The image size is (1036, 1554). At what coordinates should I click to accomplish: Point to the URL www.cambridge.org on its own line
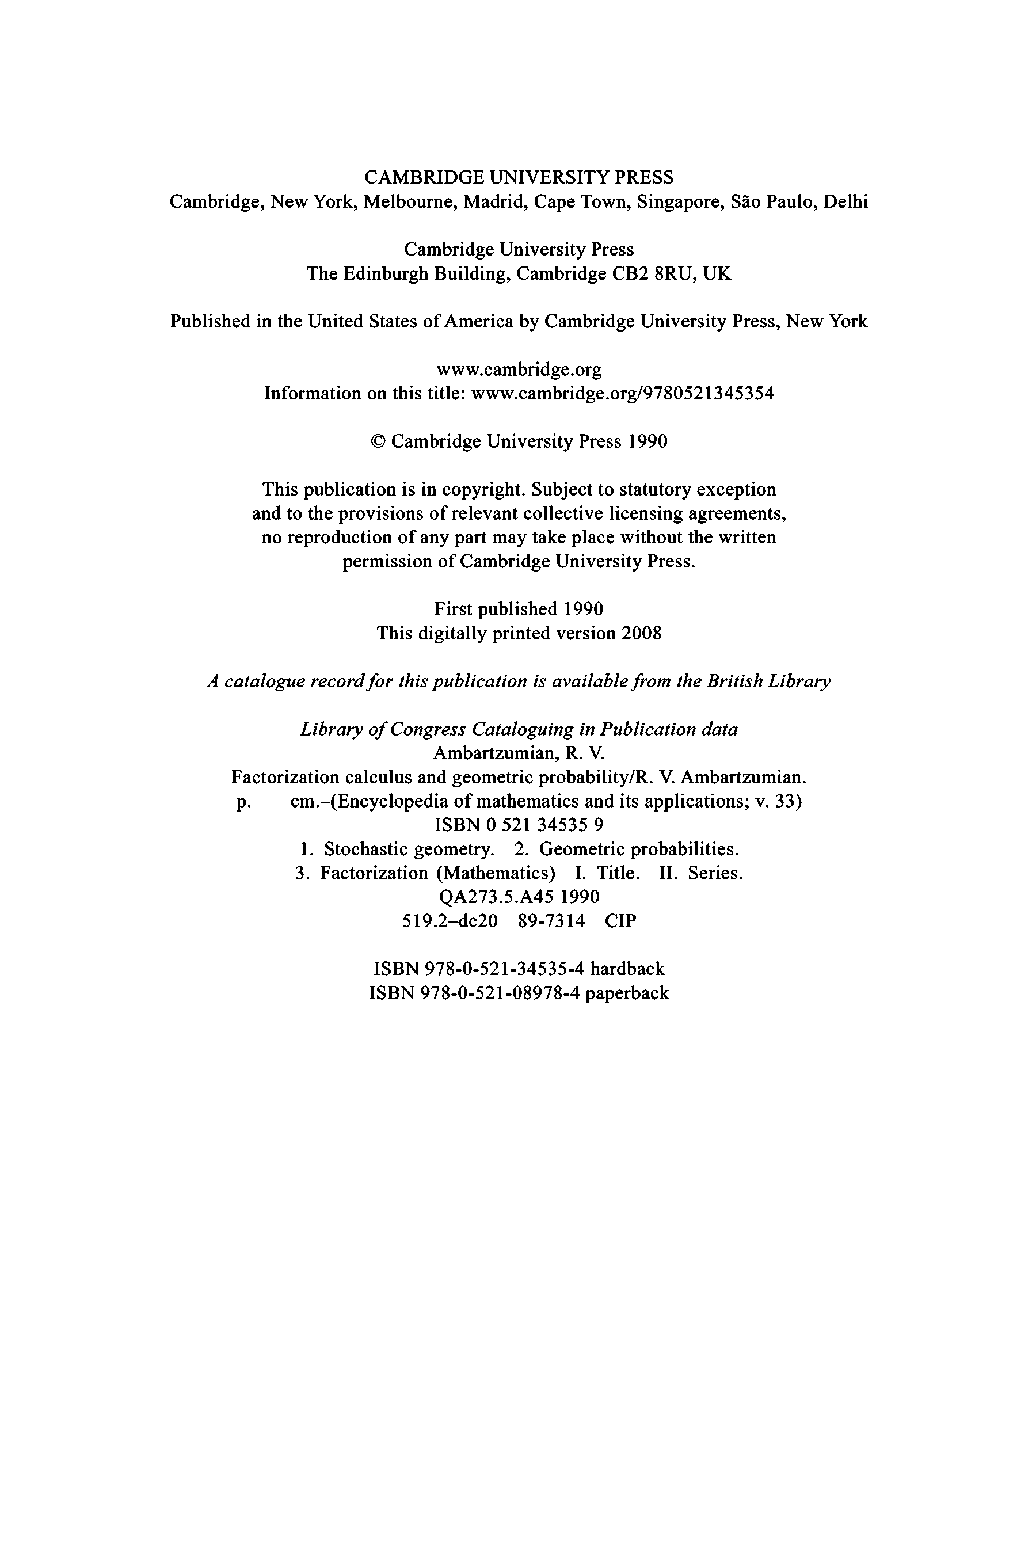(x=519, y=369)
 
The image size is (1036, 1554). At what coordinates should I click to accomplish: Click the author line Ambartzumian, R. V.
(x=519, y=753)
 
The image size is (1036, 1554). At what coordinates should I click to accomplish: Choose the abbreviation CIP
(x=620, y=920)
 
